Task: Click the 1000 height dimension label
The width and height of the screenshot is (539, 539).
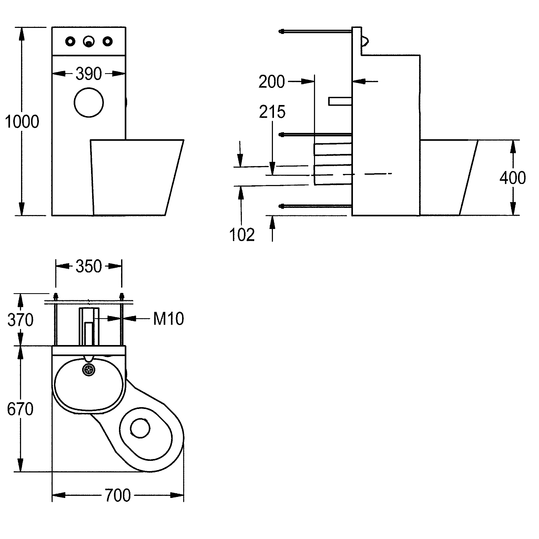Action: point(22,122)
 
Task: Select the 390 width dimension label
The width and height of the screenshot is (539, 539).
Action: point(89,74)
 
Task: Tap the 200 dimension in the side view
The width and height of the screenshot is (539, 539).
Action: point(271,82)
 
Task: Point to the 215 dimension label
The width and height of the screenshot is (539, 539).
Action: point(272,112)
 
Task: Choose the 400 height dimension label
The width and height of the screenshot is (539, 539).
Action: point(512,178)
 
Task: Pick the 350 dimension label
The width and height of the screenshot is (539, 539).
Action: point(89,266)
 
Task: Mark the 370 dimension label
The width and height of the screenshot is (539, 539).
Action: point(20,320)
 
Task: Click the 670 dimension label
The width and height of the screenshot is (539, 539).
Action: point(20,409)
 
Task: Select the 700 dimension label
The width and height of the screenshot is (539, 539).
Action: point(118,496)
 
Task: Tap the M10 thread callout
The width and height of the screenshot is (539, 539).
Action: point(168,319)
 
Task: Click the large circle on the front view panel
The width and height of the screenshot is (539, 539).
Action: point(89,102)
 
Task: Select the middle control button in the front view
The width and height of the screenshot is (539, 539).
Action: point(89,42)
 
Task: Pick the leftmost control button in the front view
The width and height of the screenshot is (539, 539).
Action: point(70,42)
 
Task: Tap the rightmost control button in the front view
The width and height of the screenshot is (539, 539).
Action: point(107,42)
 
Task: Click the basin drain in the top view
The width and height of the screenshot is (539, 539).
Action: point(89,370)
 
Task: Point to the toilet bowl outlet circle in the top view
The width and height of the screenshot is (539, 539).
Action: point(140,428)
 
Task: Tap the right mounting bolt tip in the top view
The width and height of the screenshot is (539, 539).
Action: point(122,295)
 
